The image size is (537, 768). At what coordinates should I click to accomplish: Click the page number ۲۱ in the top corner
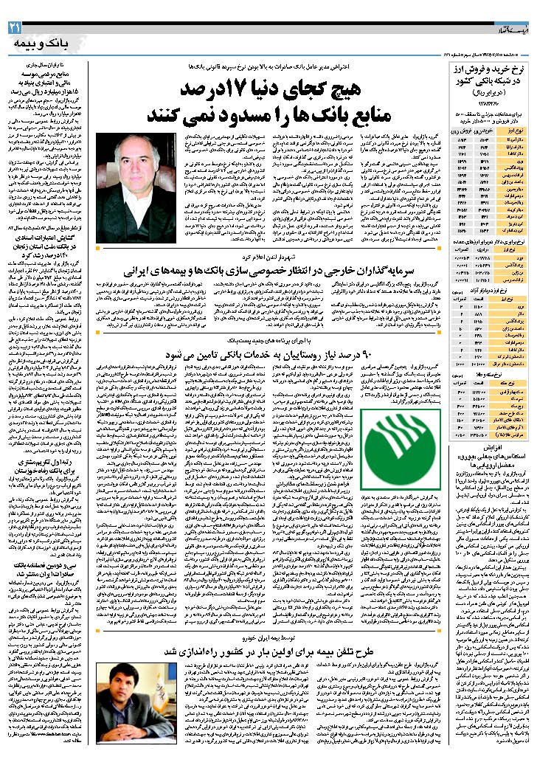15,27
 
